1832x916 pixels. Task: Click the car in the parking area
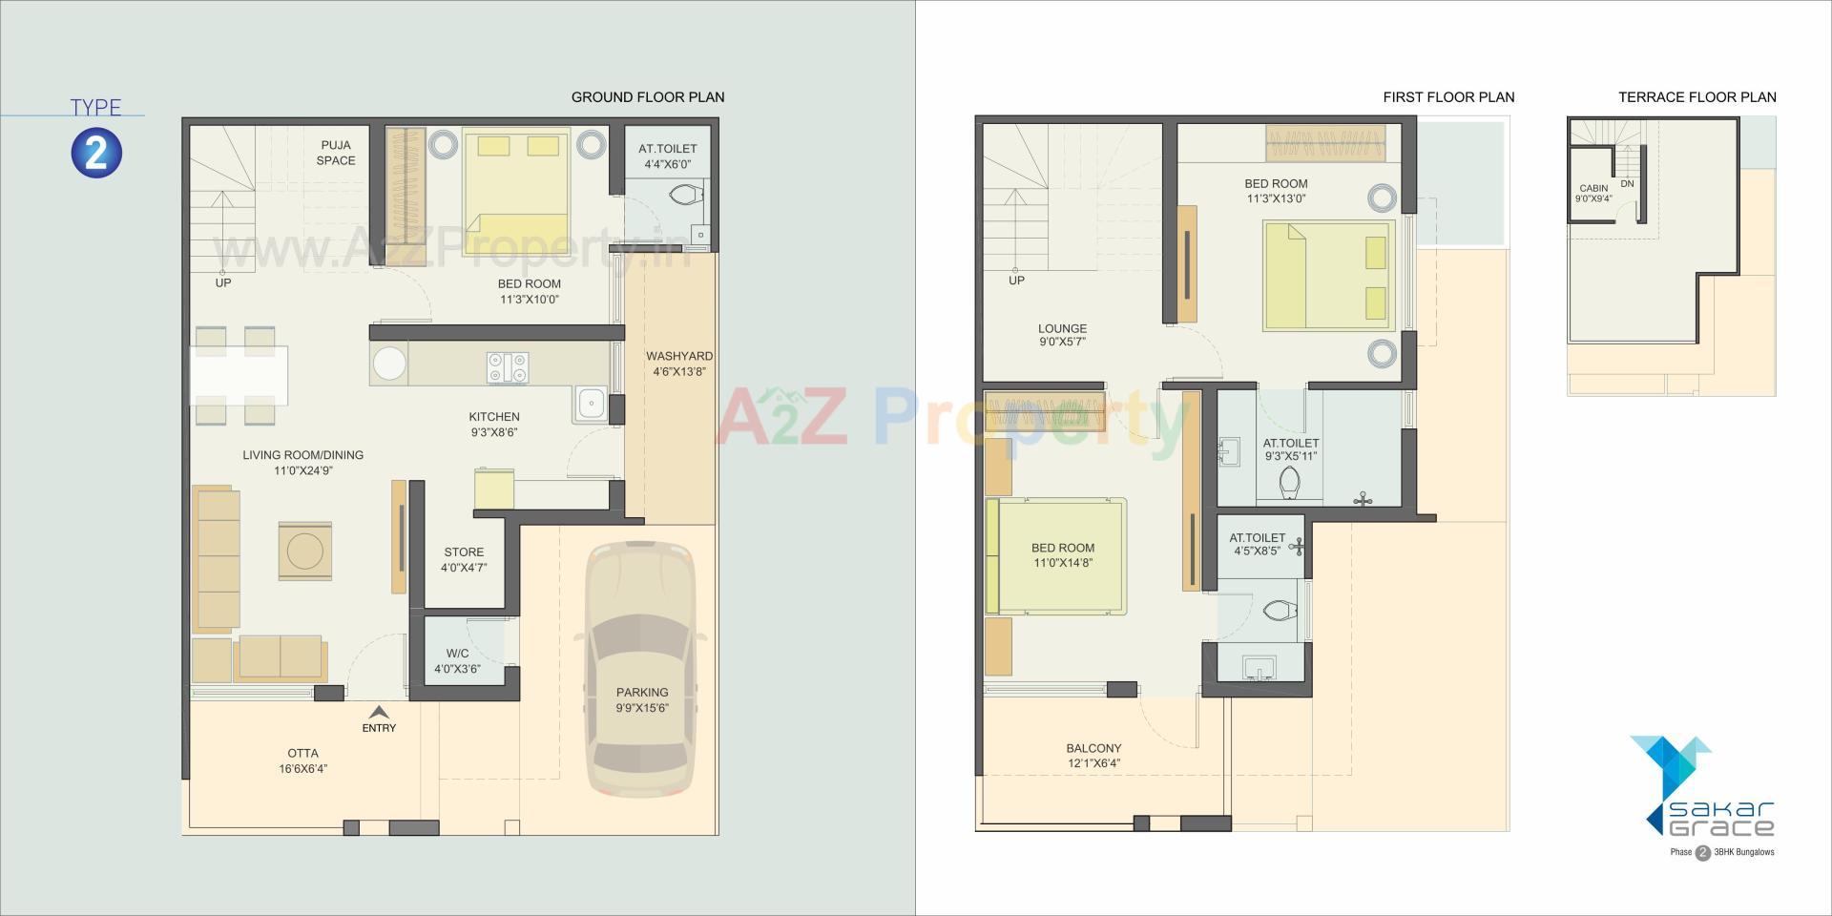click(x=641, y=668)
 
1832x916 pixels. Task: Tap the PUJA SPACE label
click(x=336, y=153)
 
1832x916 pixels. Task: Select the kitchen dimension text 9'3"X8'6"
click(x=494, y=432)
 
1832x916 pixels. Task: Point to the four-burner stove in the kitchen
click(x=508, y=367)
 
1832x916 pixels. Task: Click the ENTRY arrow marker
click(x=379, y=712)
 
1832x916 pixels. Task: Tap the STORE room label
click(x=464, y=552)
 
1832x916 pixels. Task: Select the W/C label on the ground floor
click(x=457, y=654)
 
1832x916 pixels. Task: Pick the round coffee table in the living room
click(x=305, y=552)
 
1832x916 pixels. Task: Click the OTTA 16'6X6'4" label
click(x=303, y=760)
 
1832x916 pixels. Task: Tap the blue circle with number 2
click(x=96, y=153)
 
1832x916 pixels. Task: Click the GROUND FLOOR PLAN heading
click(x=648, y=97)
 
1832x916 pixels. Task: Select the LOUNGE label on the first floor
click(x=1062, y=328)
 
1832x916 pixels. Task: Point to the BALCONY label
click(x=1093, y=749)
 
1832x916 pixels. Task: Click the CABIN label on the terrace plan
click(x=1593, y=188)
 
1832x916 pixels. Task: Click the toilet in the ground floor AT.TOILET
click(x=686, y=197)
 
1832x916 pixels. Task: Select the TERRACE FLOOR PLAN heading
click(x=1697, y=97)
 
